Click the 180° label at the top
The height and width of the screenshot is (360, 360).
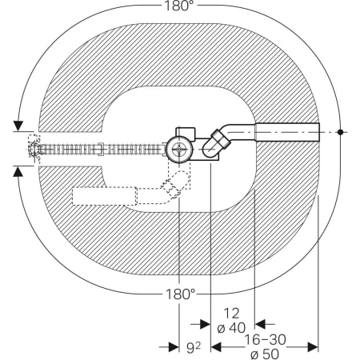(179, 6)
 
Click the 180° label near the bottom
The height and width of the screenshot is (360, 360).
(181, 294)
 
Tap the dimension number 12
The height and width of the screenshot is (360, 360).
(231, 314)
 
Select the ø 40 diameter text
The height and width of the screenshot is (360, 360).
(231, 328)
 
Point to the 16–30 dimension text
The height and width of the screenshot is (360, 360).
(265, 340)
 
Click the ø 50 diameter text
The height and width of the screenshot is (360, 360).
(265, 354)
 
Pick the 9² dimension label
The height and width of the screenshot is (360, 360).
(193, 348)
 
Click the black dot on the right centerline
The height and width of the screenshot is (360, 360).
(340, 132)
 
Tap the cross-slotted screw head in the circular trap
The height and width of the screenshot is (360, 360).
(178, 149)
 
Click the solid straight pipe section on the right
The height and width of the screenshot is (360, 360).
(287, 132)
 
